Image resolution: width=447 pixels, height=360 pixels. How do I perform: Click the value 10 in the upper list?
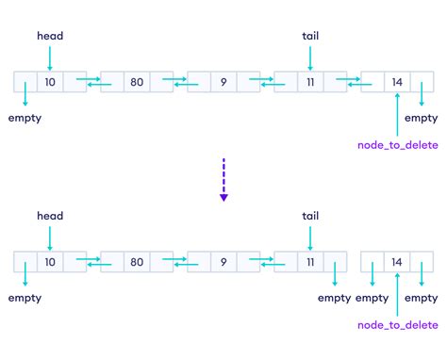point(49,83)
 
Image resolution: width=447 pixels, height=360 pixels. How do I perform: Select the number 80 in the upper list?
point(137,83)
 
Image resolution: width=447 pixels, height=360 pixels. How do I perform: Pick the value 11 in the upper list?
point(310,83)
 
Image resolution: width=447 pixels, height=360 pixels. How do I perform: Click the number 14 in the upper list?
point(397,83)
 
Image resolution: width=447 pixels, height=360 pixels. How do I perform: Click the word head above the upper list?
point(49,36)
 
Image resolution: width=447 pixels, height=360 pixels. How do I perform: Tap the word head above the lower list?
point(49,216)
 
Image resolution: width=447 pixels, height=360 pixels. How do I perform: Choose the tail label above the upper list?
point(310,36)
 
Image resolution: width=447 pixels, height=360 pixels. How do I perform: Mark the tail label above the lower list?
point(310,216)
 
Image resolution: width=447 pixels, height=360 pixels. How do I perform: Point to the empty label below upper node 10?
point(25,119)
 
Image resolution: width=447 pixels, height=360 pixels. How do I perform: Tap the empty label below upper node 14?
point(421,119)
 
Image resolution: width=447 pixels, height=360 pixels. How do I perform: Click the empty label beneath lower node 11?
point(334,298)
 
